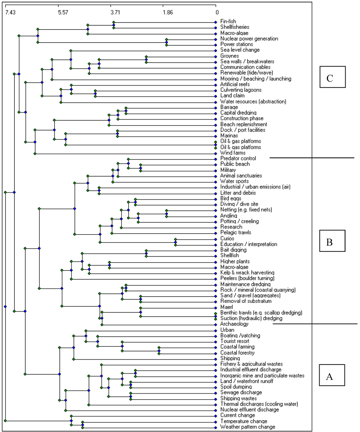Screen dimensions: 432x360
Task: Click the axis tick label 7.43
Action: tap(11, 13)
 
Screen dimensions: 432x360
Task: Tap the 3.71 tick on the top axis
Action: tap(115, 13)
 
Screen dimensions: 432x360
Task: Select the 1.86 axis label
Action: tap(168, 13)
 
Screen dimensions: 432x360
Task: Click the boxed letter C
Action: tap(329, 78)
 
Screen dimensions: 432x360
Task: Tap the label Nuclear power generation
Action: tap(249, 39)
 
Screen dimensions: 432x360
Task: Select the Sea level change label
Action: tap(240, 50)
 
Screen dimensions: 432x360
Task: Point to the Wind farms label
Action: tap(233, 153)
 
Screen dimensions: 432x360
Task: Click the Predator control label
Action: tap(238, 158)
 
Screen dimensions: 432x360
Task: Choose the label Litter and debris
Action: tap(238, 193)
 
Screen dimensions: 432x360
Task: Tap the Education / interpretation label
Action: tap(249, 244)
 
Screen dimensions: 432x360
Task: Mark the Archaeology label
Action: tap(234, 324)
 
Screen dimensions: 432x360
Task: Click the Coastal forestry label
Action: tap(237, 352)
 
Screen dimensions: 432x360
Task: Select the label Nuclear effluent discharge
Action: tap(249, 409)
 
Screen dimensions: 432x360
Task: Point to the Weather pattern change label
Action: tap(247, 427)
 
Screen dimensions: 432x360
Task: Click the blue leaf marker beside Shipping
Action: tap(216, 358)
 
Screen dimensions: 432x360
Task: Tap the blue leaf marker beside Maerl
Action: tap(216, 307)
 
